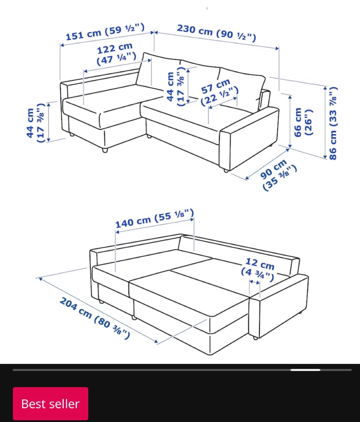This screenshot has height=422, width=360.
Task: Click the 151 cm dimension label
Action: (x=105, y=32)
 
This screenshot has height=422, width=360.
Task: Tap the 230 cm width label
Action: (x=216, y=33)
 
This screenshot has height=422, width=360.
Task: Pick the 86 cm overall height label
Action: (x=332, y=123)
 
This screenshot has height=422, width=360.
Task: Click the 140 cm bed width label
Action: (x=154, y=218)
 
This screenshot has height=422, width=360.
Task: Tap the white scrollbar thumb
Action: (x=305, y=370)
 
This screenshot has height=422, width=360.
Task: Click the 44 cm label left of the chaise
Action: (x=35, y=123)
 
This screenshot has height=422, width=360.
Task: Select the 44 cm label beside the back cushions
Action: (x=176, y=86)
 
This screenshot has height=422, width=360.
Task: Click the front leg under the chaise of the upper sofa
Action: (x=105, y=150)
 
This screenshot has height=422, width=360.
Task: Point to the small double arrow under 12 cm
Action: (x=255, y=282)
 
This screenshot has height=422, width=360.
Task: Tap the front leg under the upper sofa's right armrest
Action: (x=226, y=171)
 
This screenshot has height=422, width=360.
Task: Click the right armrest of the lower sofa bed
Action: (x=279, y=306)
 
